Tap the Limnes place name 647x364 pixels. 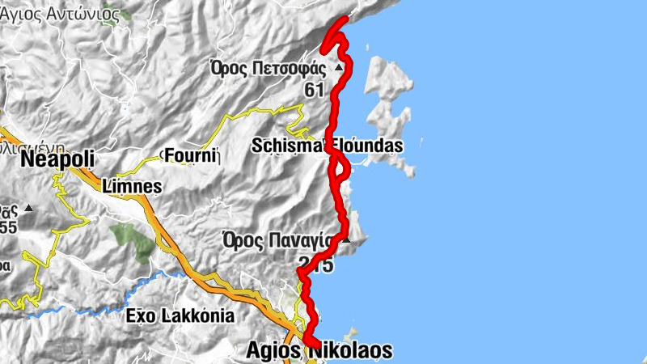pyautogui.click(x=133, y=187)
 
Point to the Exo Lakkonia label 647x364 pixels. pyautogui.click(x=180, y=315)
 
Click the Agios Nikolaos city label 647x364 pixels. pyautogui.click(x=318, y=351)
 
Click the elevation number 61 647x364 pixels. pyautogui.click(x=315, y=90)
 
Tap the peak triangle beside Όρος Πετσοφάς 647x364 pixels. pyautogui.click(x=340, y=68)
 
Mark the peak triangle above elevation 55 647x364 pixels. pyautogui.click(x=28, y=209)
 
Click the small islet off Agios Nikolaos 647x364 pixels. pyautogui.click(x=351, y=332)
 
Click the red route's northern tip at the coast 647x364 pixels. pyautogui.click(x=345, y=19)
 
